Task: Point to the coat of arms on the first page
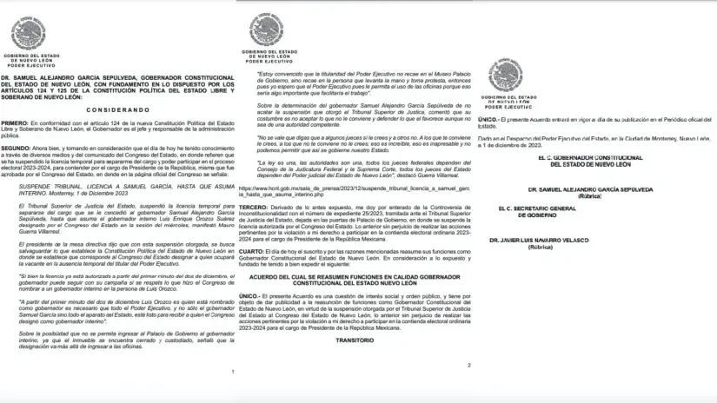(x=29, y=34)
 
